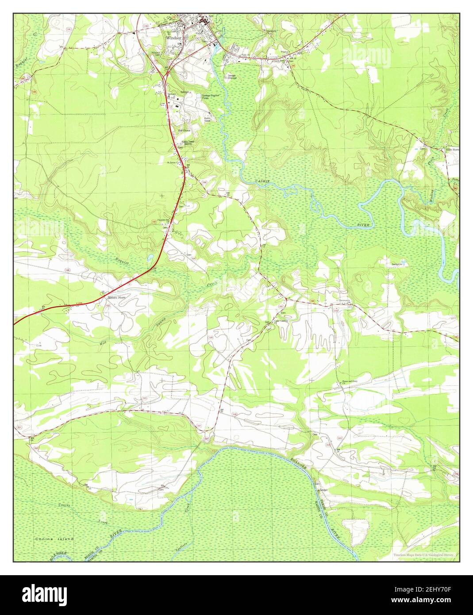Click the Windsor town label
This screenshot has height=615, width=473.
[174, 38]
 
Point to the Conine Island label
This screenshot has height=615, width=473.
[54, 539]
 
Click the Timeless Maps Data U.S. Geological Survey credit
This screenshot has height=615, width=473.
[424, 555]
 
